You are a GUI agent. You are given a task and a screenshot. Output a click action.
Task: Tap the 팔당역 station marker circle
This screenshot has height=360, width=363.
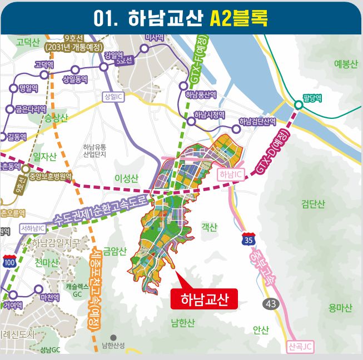coord(299,104)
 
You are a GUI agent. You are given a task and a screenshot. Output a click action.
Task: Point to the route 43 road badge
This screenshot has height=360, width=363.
coord(271,303)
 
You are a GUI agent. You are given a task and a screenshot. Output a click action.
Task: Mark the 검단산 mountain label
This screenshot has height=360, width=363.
coord(312,204)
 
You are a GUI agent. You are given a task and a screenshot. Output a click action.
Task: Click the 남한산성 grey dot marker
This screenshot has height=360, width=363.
coord(113,337)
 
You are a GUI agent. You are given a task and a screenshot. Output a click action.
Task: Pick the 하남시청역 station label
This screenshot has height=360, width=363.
coord(209,115)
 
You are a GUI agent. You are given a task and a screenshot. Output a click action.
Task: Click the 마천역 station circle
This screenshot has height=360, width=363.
coord(38,289)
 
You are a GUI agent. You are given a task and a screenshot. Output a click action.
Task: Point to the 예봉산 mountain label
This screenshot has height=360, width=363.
coord(346,64)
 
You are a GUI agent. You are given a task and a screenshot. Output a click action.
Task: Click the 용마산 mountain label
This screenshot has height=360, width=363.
coord(340,308)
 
